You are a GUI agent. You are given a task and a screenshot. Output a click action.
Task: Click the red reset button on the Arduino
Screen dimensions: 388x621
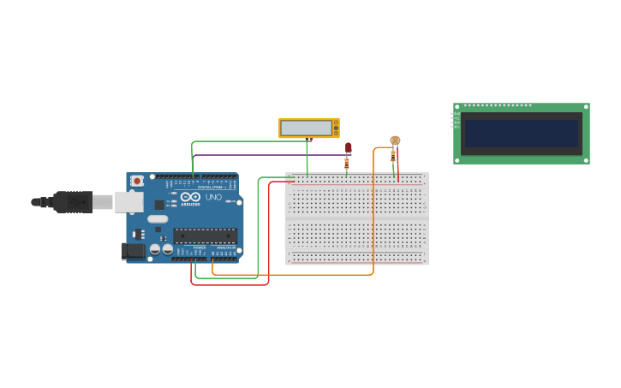coord(137,182)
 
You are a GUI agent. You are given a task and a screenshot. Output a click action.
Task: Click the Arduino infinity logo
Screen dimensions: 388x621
coord(190,197)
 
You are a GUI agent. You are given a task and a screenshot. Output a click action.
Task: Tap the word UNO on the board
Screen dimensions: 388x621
coord(213,197)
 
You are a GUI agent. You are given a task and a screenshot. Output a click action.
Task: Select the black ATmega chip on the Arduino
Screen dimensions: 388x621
coord(205,235)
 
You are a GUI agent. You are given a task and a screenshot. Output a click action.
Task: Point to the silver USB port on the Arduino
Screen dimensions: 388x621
coord(128,202)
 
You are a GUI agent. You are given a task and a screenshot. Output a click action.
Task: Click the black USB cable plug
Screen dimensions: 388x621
coord(72,202)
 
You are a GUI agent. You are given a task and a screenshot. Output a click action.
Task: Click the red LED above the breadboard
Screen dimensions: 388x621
coord(348,147)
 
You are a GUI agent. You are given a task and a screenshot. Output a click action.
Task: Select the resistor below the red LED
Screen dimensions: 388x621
coord(347,163)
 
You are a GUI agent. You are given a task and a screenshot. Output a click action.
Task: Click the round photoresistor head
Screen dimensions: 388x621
coord(395,140)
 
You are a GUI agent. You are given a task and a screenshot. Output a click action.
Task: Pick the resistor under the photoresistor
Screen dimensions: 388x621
coord(392,156)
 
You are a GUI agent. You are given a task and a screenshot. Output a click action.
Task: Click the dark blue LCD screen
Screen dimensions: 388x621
coord(521,134)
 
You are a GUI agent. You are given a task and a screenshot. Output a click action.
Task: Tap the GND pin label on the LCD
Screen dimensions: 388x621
coord(456,114)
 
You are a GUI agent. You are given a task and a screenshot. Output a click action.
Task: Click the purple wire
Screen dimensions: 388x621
coord(266,155)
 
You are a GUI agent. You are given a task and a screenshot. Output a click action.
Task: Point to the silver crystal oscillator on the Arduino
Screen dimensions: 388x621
coord(158,219)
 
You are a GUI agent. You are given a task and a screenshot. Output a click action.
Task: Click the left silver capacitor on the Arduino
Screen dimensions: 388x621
coord(155,249)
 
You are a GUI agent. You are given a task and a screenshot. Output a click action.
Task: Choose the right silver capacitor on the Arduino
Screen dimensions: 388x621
coord(167,249)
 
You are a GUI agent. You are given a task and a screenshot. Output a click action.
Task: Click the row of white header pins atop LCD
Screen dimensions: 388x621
coord(498,105)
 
